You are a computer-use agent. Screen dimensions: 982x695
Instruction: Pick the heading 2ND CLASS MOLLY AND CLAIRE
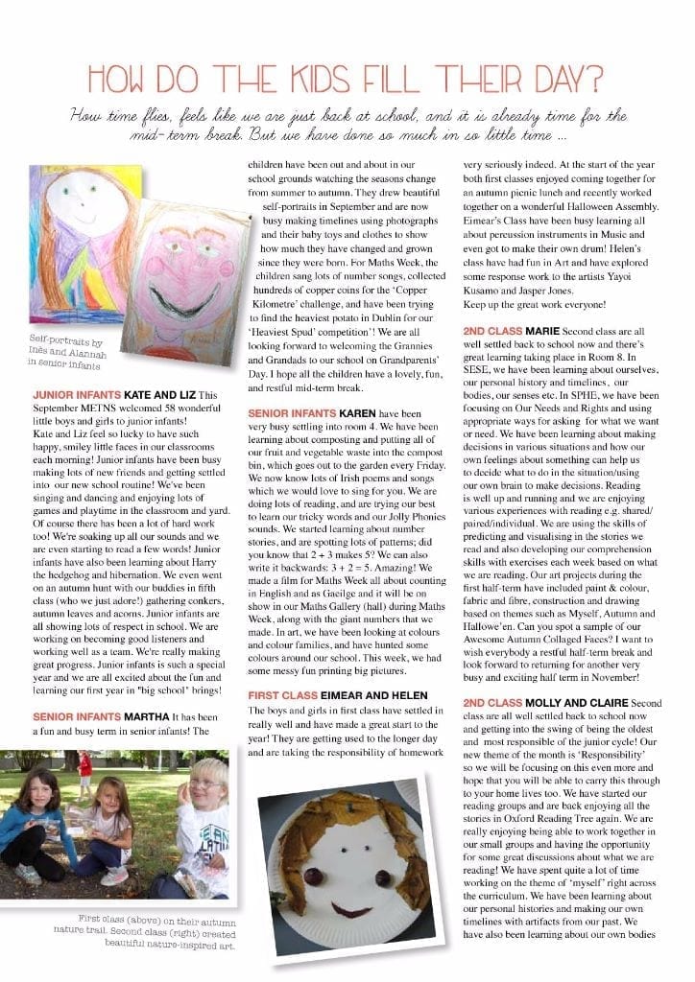[x=555, y=703]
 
